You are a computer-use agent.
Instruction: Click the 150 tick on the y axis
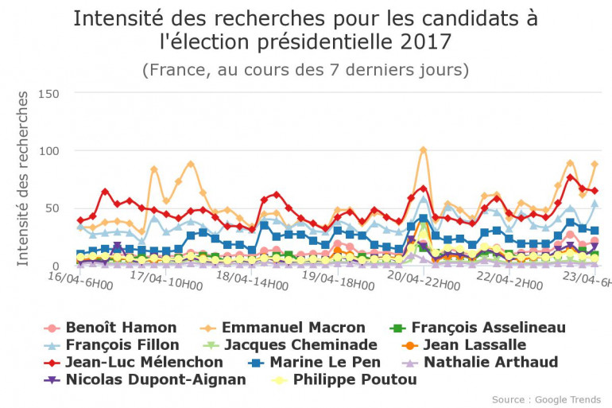[x=48, y=94]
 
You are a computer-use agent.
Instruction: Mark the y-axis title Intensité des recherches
[x=23, y=178]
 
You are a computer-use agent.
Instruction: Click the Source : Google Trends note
[x=547, y=399]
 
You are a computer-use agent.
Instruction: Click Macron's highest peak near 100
[x=423, y=150]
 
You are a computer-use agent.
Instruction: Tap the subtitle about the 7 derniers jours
[x=305, y=70]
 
